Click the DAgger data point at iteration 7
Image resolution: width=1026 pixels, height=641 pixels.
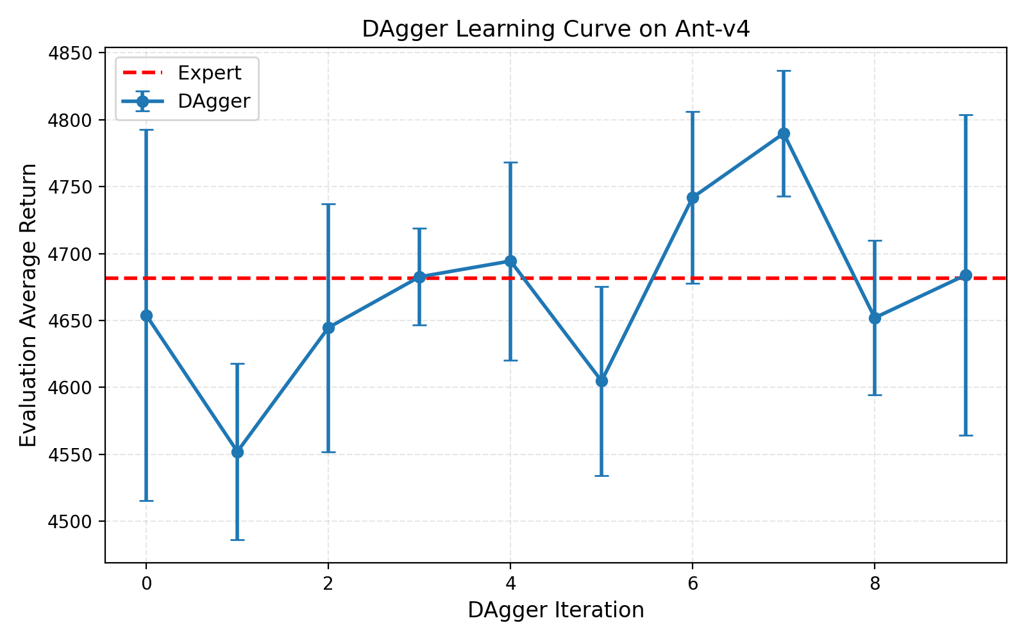coord(784,134)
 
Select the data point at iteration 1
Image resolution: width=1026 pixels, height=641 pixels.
coord(237,452)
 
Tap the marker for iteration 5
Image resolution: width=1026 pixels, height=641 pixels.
coord(601,381)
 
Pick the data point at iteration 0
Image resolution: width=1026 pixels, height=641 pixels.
coord(146,315)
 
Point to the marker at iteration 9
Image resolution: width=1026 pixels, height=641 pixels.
coord(966,276)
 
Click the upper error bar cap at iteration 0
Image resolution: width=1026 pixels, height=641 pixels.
coord(146,130)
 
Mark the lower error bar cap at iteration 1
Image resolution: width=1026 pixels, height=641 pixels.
coord(237,540)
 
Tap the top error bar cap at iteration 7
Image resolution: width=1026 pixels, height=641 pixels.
coord(784,71)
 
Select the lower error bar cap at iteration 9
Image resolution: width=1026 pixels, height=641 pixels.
coord(966,435)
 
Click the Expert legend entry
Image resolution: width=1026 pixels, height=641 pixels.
coord(209,73)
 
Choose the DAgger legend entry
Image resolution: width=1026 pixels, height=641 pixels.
coord(214,101)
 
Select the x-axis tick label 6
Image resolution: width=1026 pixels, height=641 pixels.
coord(693,583)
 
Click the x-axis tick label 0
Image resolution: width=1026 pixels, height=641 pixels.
coord(146,583)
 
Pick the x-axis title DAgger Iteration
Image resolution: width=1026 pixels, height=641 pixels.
coord(555,610)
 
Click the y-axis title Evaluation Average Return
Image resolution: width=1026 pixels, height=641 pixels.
coord(28,305)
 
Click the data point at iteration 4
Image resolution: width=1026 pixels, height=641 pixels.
coord(510,261)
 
